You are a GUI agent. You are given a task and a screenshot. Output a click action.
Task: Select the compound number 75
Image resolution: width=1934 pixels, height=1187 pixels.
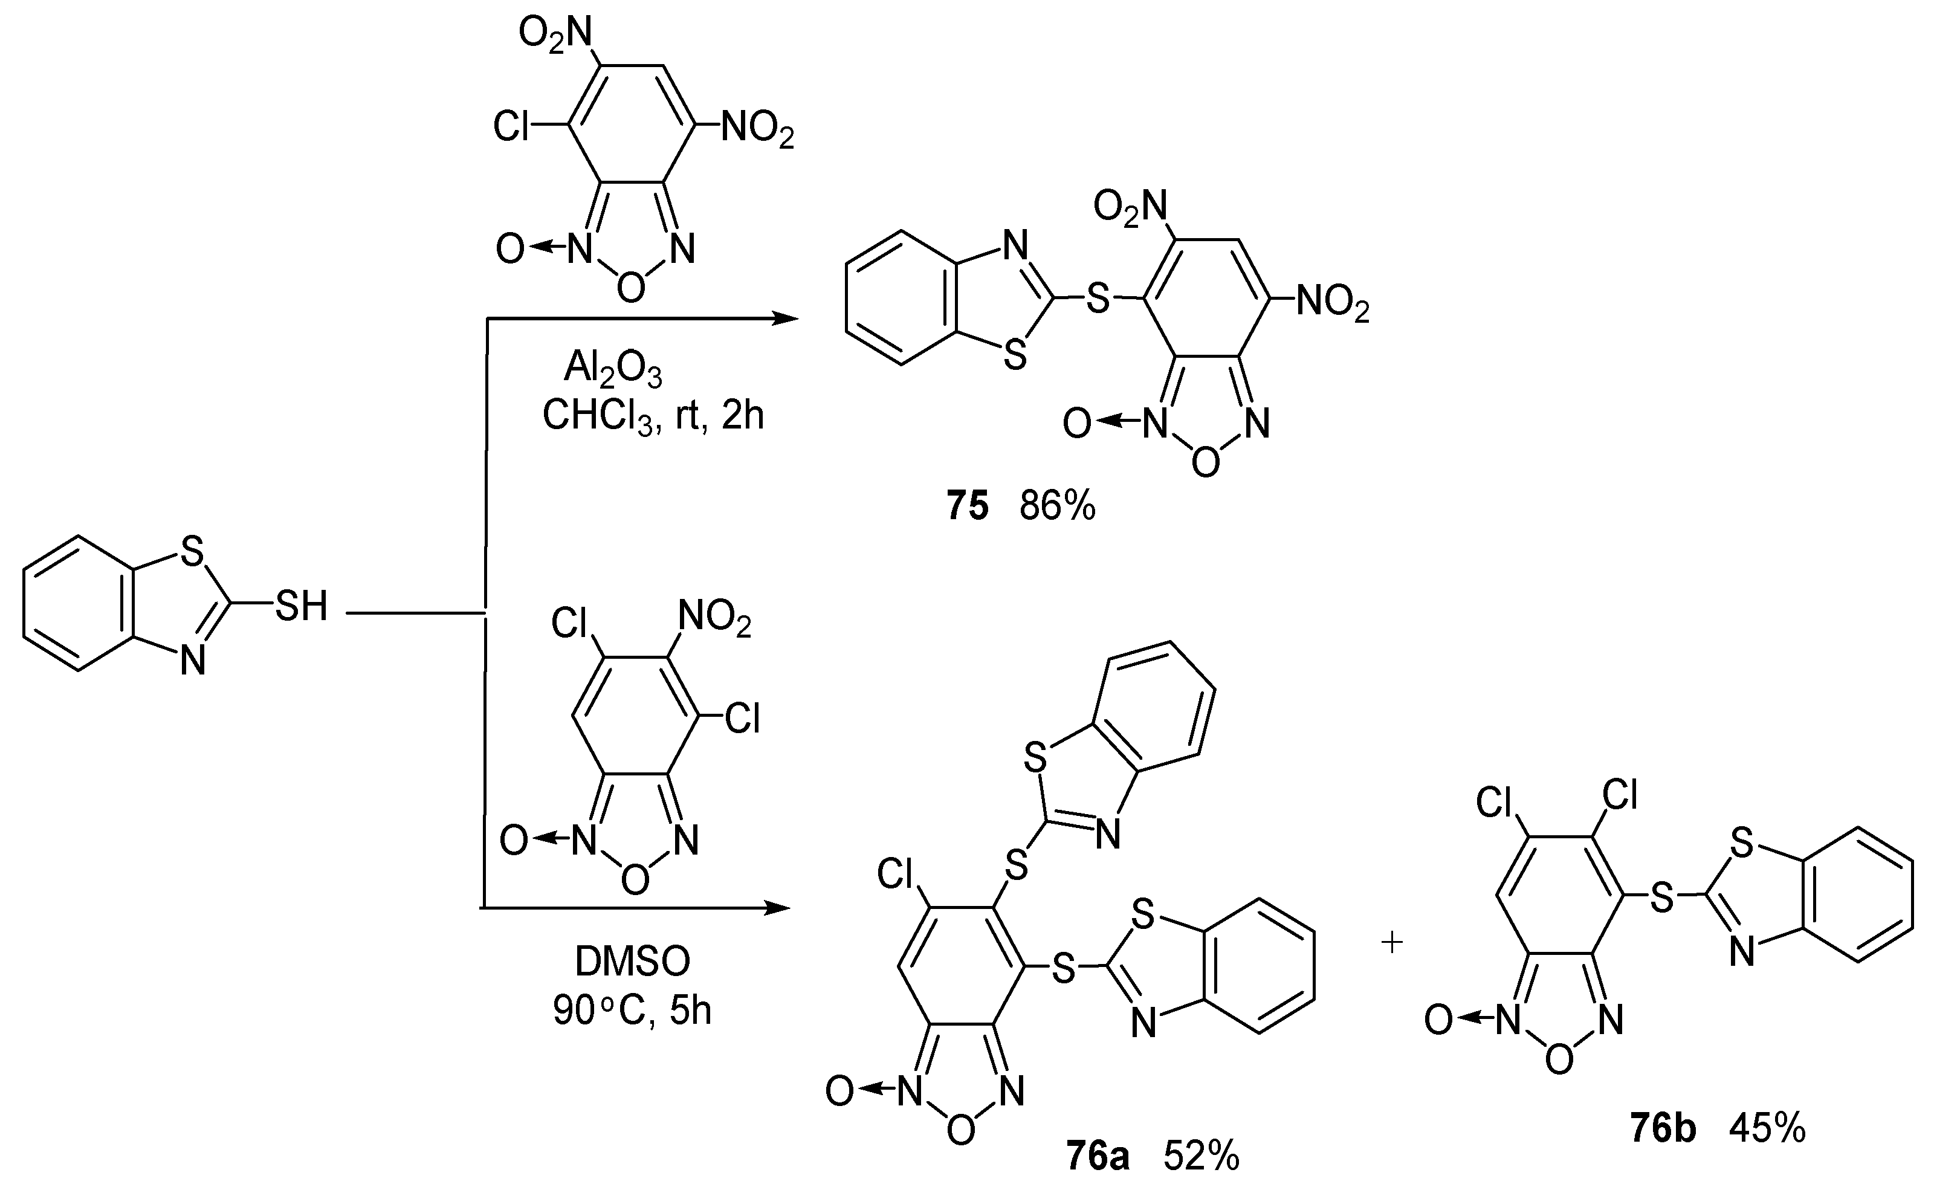click(x=966, y=506)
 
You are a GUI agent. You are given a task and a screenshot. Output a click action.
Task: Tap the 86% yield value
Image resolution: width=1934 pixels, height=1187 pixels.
click(x=1057, y=506)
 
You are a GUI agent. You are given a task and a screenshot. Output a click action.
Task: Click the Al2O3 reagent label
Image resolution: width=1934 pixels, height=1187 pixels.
click(x=613, y=367)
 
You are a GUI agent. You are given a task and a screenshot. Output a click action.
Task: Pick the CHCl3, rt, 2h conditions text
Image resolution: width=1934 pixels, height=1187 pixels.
click(x=653, y=415)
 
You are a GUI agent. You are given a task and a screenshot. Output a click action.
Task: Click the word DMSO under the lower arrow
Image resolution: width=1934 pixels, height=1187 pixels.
click(x=633, y=961)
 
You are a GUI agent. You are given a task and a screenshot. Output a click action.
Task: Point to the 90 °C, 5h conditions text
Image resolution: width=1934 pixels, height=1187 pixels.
click(x=632, y=1009)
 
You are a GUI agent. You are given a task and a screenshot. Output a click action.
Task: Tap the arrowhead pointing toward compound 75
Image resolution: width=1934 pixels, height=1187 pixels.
click(x=785, y=318)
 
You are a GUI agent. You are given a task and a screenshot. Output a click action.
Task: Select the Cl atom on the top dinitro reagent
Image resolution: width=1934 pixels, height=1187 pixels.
click(x=512, y=126)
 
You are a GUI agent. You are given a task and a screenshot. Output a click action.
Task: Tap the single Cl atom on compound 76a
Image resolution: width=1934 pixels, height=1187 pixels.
click(x=896, y=873)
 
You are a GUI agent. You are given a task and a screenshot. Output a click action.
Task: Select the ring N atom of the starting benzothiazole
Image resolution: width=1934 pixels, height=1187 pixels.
click(x=192, y=659)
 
